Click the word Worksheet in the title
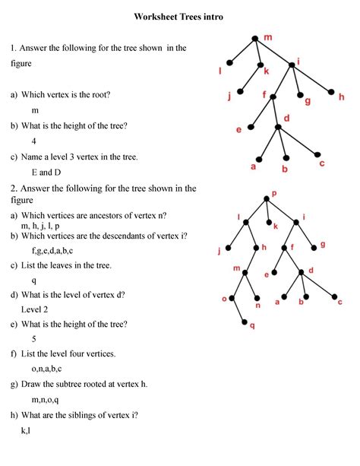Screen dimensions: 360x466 pos(156,16)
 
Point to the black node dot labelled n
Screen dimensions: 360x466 pos(257,298)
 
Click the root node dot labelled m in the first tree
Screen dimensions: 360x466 pos(256,37)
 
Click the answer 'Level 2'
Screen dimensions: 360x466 pos(35,309)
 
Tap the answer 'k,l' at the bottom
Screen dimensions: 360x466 pos(26,431)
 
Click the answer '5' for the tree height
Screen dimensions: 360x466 pos(34,339)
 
